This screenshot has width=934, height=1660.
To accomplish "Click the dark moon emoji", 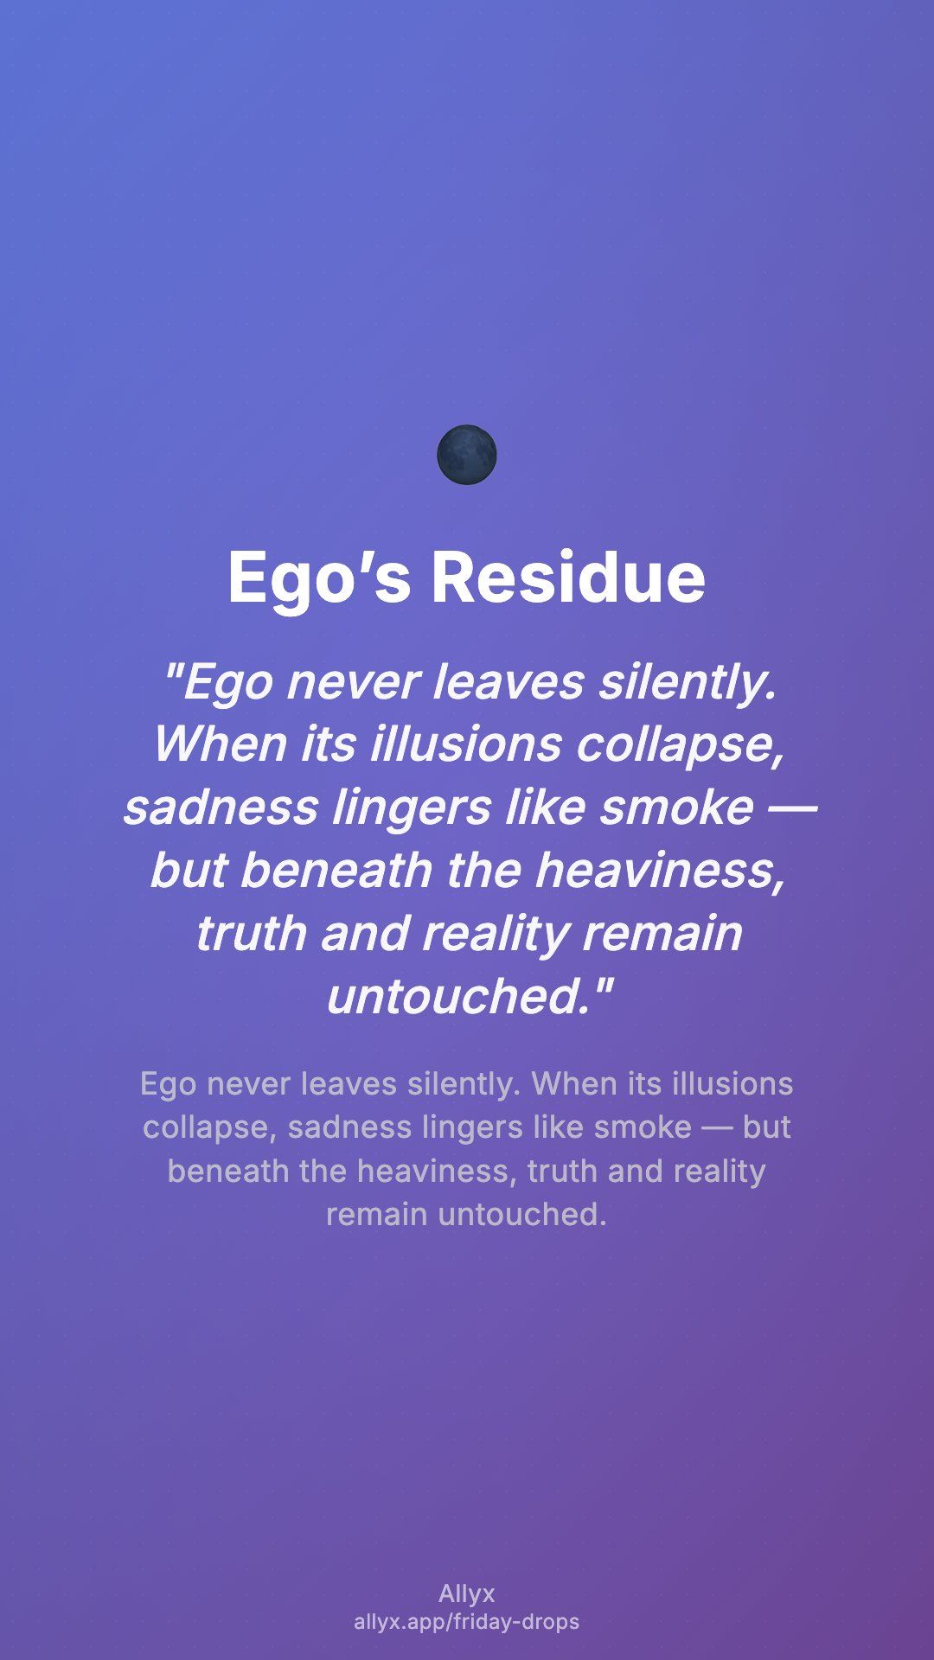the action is click(467, 455).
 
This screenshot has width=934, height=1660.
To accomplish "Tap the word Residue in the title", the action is click(568, 577).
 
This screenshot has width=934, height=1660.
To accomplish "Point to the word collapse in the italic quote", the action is click(680, 745).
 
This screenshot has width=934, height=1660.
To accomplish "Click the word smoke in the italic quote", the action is click(676, 808).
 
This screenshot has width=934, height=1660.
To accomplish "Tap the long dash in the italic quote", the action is click(791, 808).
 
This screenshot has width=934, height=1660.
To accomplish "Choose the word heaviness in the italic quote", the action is click(661, 871).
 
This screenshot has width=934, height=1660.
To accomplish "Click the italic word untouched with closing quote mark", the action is click(470, 997).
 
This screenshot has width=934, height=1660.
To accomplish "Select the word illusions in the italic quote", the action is click(466, 744).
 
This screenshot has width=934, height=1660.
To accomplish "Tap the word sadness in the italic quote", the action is click(221, 808).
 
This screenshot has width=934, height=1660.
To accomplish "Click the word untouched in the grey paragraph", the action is click(522, 1215).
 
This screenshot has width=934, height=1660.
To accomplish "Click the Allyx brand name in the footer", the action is click(467, 1593).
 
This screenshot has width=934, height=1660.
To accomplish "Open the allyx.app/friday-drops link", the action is click(467, 1622).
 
